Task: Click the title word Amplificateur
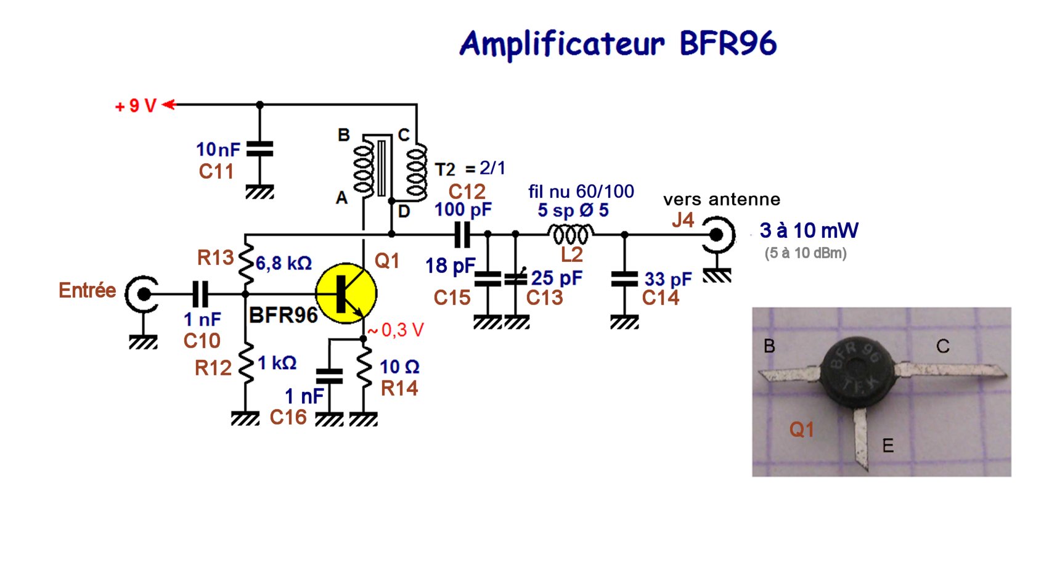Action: pyautogui.click(x=562, y=44)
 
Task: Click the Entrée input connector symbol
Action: pyautogui.click(x=142, y=294)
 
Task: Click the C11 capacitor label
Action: pyautogui.click(x=216, y=171)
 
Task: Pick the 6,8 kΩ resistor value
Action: pyautogui.click(x=284, y=264)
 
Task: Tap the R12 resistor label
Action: pyautogui.click(x=213, y=368)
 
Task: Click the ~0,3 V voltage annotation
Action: pyautogui.click(x=396, y=330)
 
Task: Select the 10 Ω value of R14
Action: pyautogui.click(x=399, y=367)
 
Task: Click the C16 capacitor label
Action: pyautogui.click(x=288, y=417)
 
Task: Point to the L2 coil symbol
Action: pyautogui.click(x=571, y=235)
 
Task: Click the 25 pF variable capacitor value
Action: pyautogui.click(x=557, y=279)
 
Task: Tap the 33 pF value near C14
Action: pyautogui.click(x=668, y=280)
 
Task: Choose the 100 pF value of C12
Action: pyautogui.click(x=463, y=210)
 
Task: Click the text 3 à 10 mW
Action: pyautogui.click(x=809, y=230)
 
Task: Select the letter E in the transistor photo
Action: pyautogui.click(x=888, y=446)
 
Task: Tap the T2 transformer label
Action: pyautogui.click(x=445, y=169)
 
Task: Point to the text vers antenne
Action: pyautogui.click(x=722, y=200)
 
